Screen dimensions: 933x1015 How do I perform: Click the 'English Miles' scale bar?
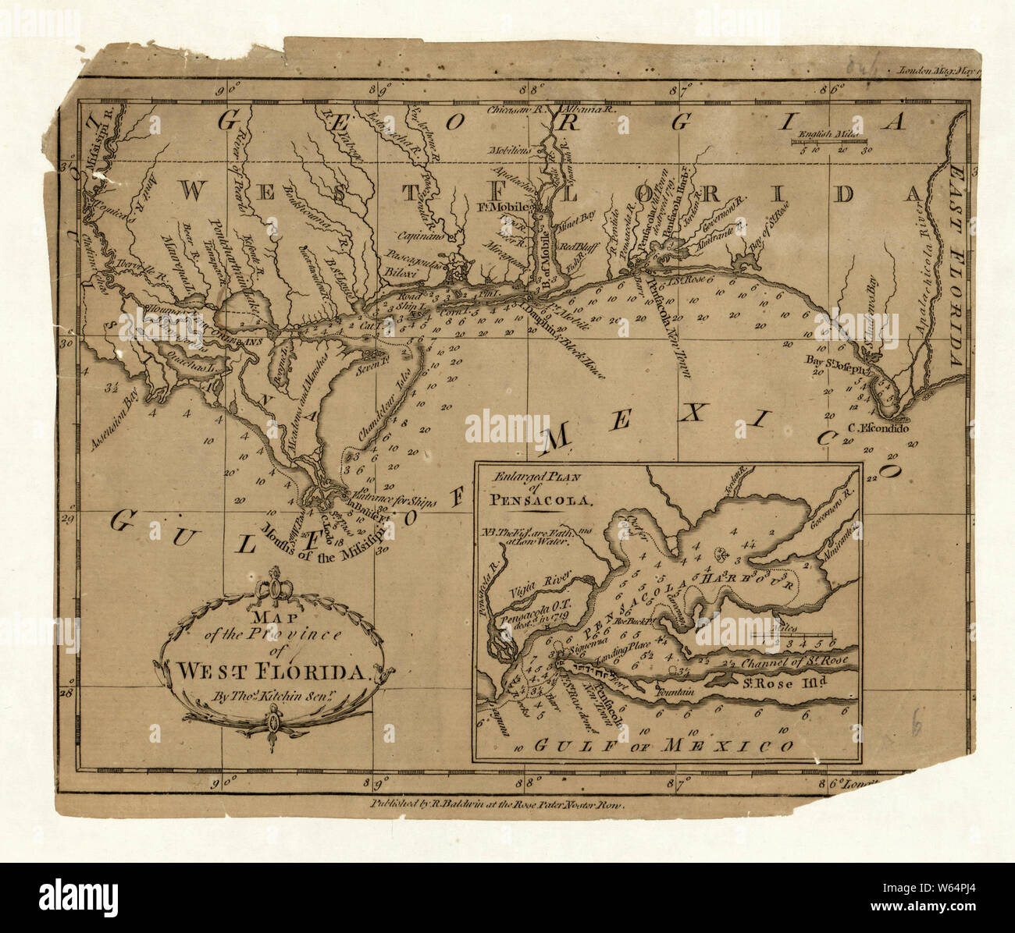[832, 143]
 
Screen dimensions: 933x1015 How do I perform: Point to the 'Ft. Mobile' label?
[507, 208]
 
